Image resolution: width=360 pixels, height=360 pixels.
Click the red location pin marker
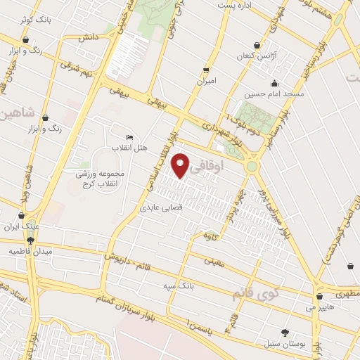(x=181, y=165)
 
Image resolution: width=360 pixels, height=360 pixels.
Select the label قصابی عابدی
(x=162, y=208)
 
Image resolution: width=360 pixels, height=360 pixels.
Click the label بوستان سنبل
(x=285, y=345)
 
